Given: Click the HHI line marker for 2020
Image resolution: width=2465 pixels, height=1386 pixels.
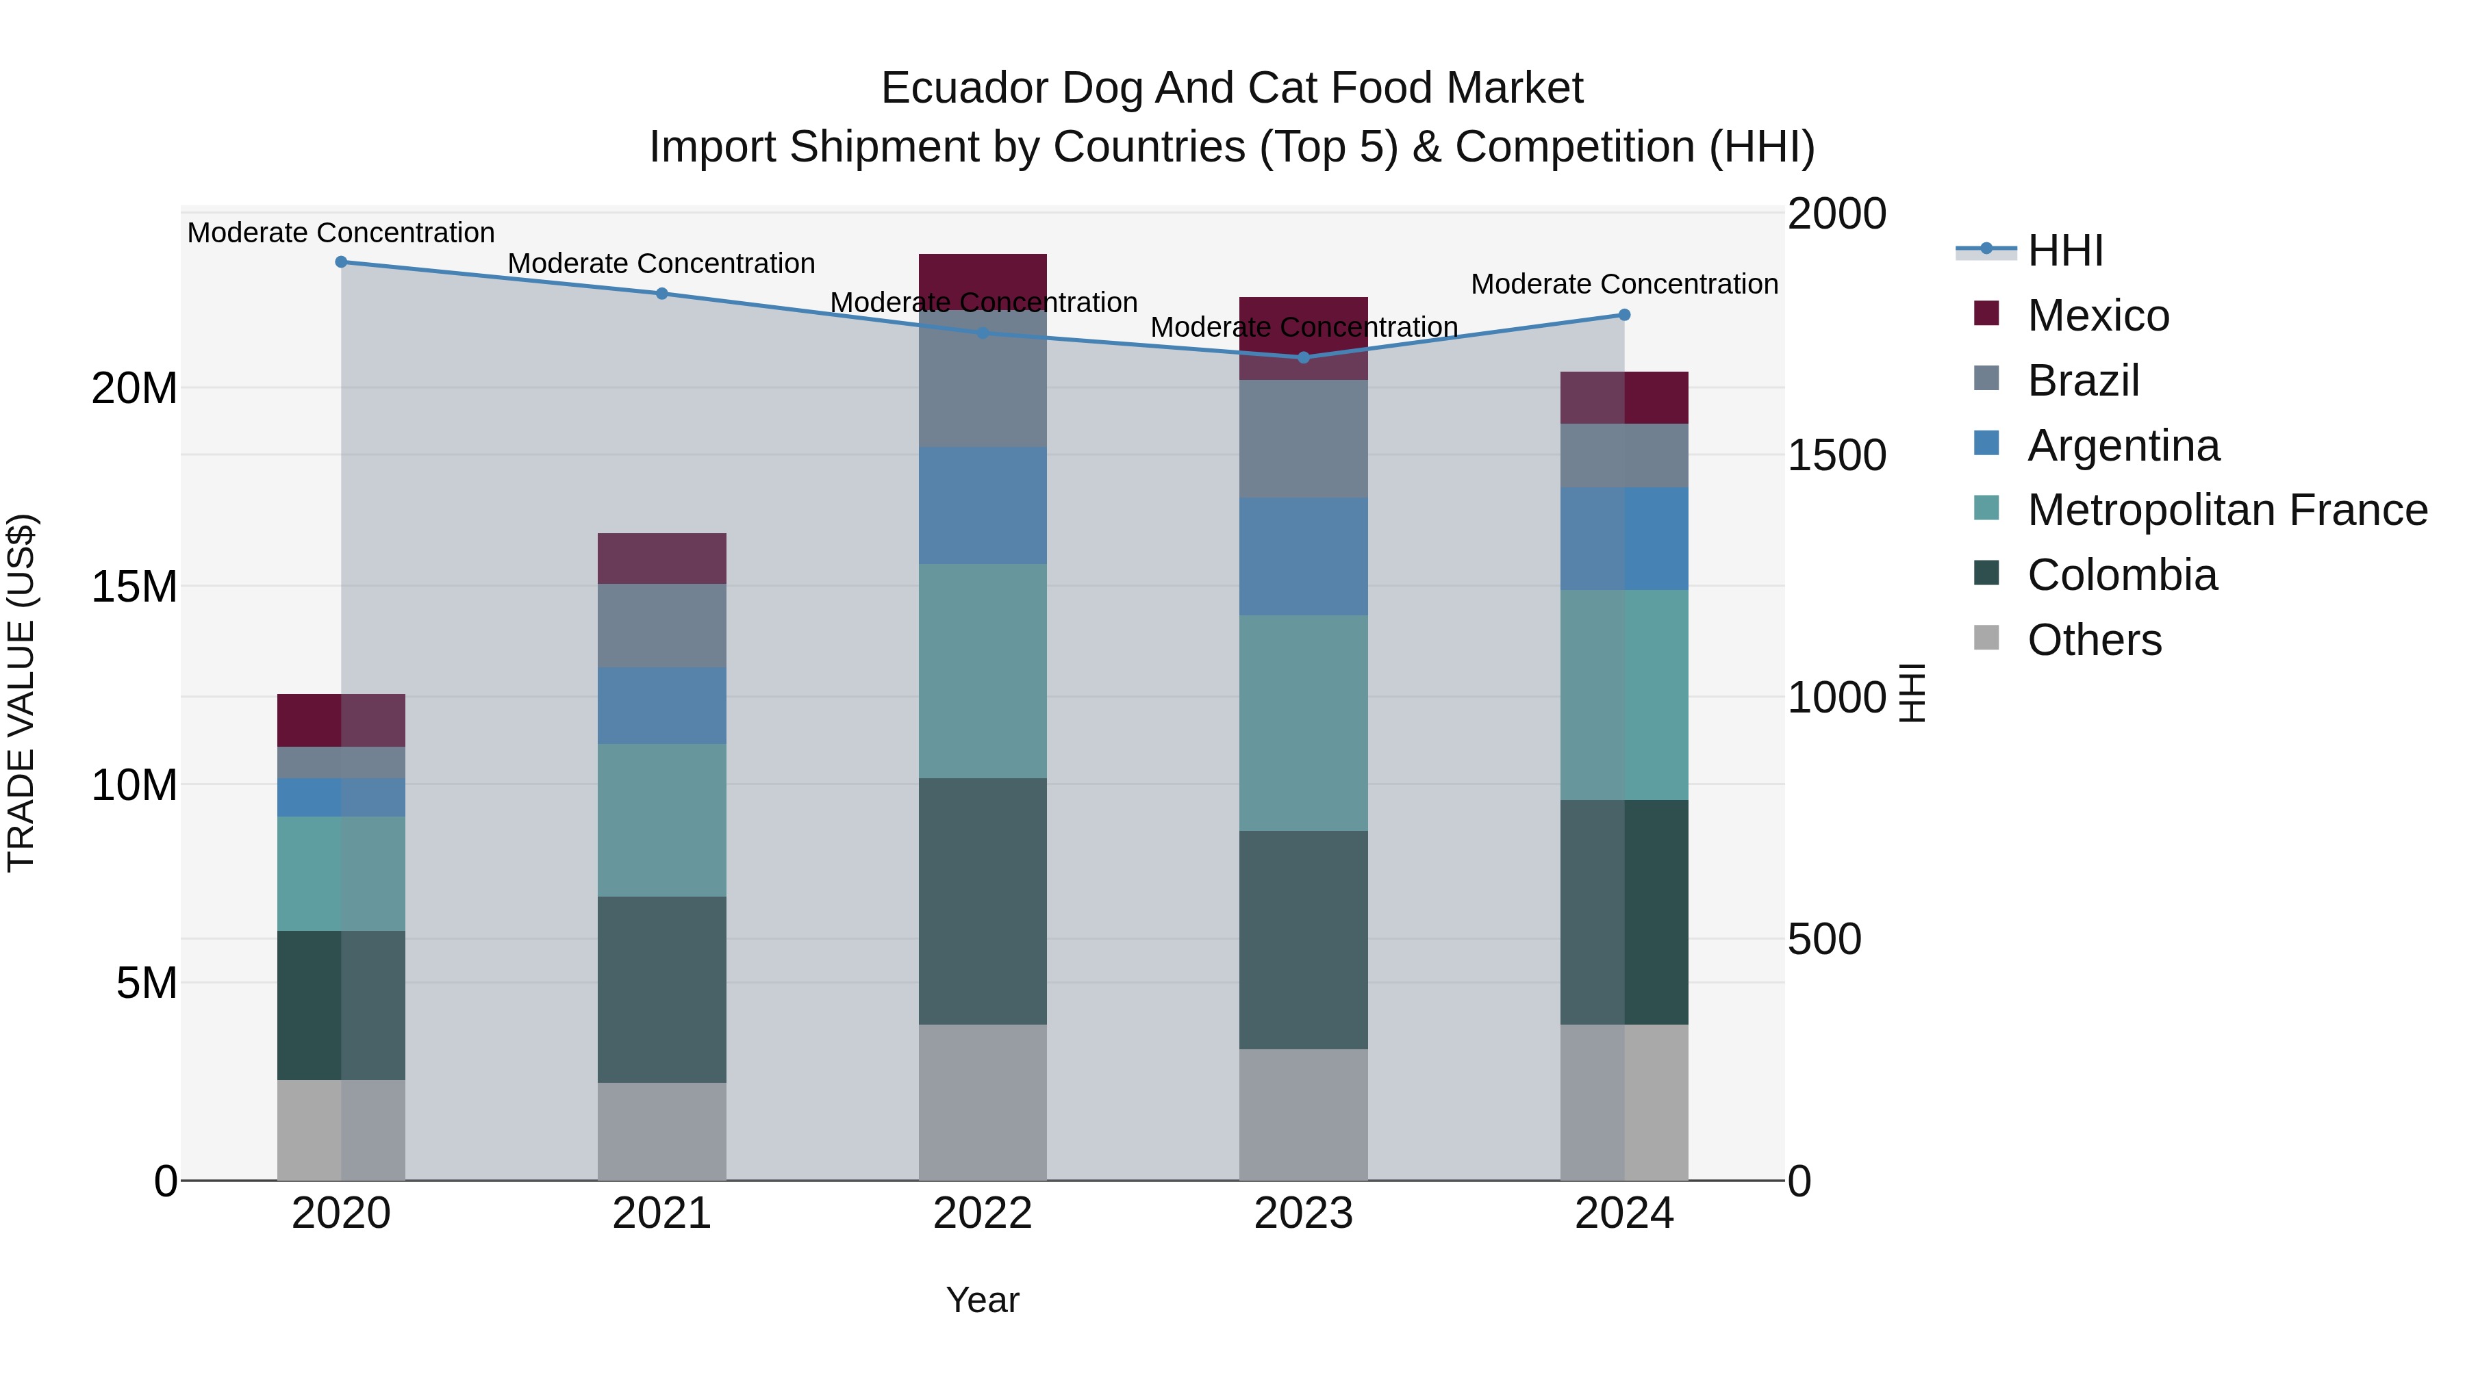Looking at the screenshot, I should [341, 262].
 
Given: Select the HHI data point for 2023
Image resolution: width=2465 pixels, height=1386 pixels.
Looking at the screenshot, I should [1303, 358].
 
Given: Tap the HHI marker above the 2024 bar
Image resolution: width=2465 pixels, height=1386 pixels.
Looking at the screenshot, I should [1624, 315].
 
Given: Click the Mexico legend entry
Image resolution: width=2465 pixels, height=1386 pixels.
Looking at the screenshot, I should [2097, 316].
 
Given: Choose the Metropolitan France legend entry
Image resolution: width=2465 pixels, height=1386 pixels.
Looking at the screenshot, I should [2226, 510].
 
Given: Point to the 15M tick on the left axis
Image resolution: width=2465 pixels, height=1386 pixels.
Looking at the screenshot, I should [134, 587].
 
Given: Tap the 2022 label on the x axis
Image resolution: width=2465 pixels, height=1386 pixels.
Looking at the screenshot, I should [982, 1214].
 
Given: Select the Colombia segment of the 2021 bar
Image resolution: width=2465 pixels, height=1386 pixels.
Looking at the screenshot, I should [661, 989].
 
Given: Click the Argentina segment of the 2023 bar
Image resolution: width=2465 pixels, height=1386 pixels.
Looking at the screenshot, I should [1303, 556].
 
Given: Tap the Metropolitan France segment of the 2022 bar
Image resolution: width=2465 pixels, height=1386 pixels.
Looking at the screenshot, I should [982, 671].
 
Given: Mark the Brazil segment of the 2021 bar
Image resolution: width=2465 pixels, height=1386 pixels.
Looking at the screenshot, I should [661, 626].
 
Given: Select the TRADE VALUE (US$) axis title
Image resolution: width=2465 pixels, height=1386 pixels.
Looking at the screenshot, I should [21, 693].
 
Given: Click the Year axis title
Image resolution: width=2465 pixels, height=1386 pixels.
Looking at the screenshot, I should [982, 1300].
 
